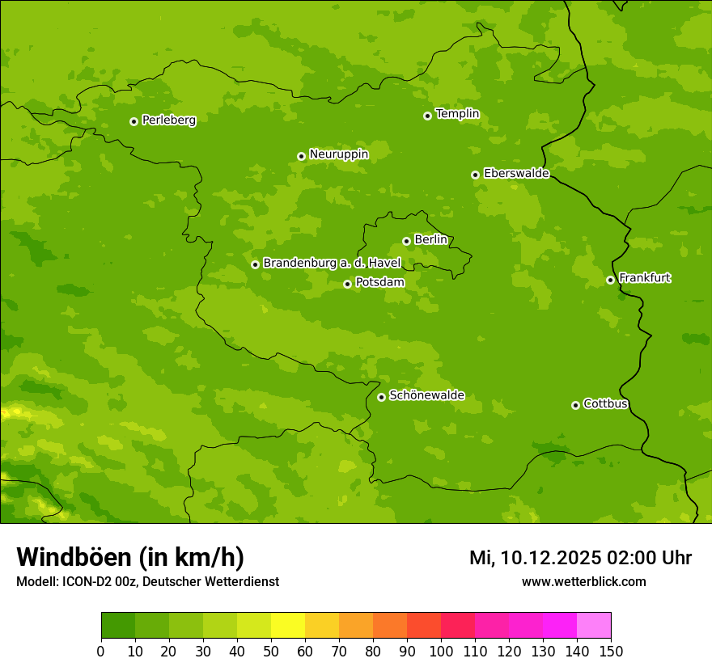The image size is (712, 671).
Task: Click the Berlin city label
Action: (x=430, y=240)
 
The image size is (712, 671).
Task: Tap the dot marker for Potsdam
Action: (x=347, y=284)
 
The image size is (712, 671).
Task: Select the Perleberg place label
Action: (x=168, y=120)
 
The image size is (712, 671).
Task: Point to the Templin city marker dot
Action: (x=427, y=116)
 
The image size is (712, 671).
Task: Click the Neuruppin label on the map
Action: (x=338, y=154)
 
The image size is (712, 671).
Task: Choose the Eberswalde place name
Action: (x=515, y=174)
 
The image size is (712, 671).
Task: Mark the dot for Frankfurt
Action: (x=610, y=280)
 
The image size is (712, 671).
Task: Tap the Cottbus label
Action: (x=605, y=404)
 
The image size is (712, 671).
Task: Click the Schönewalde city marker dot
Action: (x=381, y=397)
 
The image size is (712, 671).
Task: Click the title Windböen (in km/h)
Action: (x=130, y=557)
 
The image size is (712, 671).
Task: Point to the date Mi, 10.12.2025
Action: (x=535, y=558)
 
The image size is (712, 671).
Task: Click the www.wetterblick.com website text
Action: (x=583, y=581)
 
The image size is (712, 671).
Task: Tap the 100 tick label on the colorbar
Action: (x=441, y=651)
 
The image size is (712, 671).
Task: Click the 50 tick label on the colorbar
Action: (x=271, y=651)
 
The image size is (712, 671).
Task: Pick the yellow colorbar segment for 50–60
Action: (x=288, y=625)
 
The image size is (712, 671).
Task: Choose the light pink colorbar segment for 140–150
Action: (x=594, y=625)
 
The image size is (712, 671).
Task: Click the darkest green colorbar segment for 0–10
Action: (x=118, y=625)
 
